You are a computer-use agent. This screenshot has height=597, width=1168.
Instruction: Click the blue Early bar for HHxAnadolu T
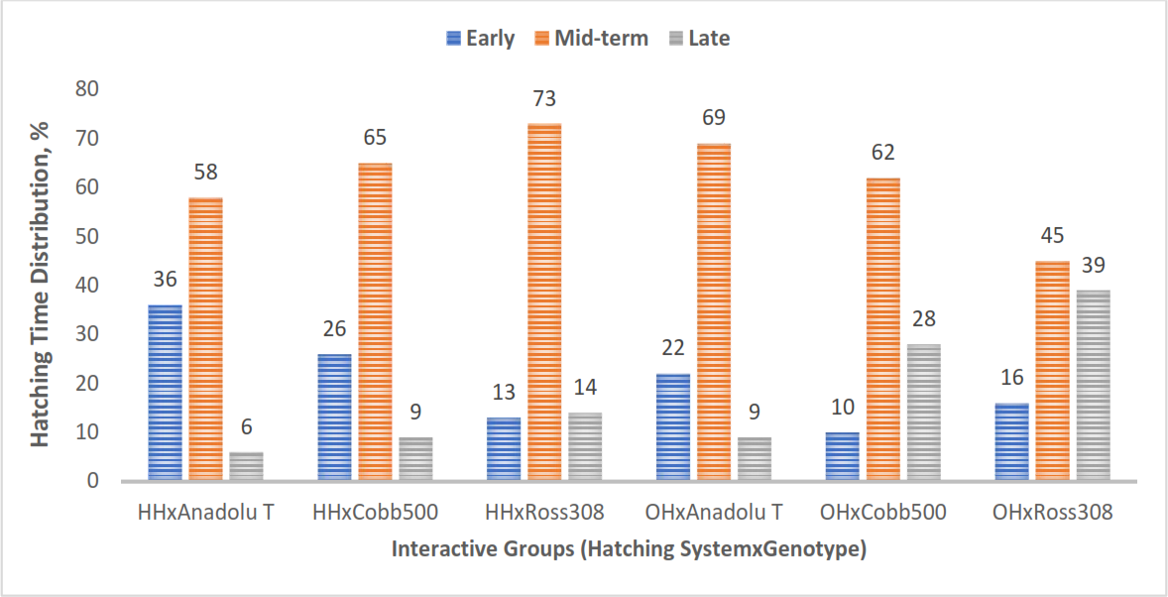(165, 393)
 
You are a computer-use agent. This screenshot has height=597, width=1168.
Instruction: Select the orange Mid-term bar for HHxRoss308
(543, 301)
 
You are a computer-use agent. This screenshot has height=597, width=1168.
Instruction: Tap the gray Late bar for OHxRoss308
(1093, 386)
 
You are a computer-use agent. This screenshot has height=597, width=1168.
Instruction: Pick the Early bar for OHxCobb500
(843, 457)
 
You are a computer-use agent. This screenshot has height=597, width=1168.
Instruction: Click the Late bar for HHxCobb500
(415, 459)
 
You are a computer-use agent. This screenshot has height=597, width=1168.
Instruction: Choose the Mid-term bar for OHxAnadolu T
(714, 312)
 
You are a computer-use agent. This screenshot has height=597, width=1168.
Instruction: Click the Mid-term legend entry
(590, 39)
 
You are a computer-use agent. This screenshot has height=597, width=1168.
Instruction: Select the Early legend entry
(480, 39)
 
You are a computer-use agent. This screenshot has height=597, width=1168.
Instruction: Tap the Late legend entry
(697, 39)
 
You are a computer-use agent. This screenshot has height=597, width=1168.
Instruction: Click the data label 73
(544, 98)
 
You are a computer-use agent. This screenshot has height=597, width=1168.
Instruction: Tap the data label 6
(247, 427)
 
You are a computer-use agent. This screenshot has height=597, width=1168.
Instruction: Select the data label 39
(1093, 266)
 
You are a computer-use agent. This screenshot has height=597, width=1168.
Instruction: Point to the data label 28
(924, 319)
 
